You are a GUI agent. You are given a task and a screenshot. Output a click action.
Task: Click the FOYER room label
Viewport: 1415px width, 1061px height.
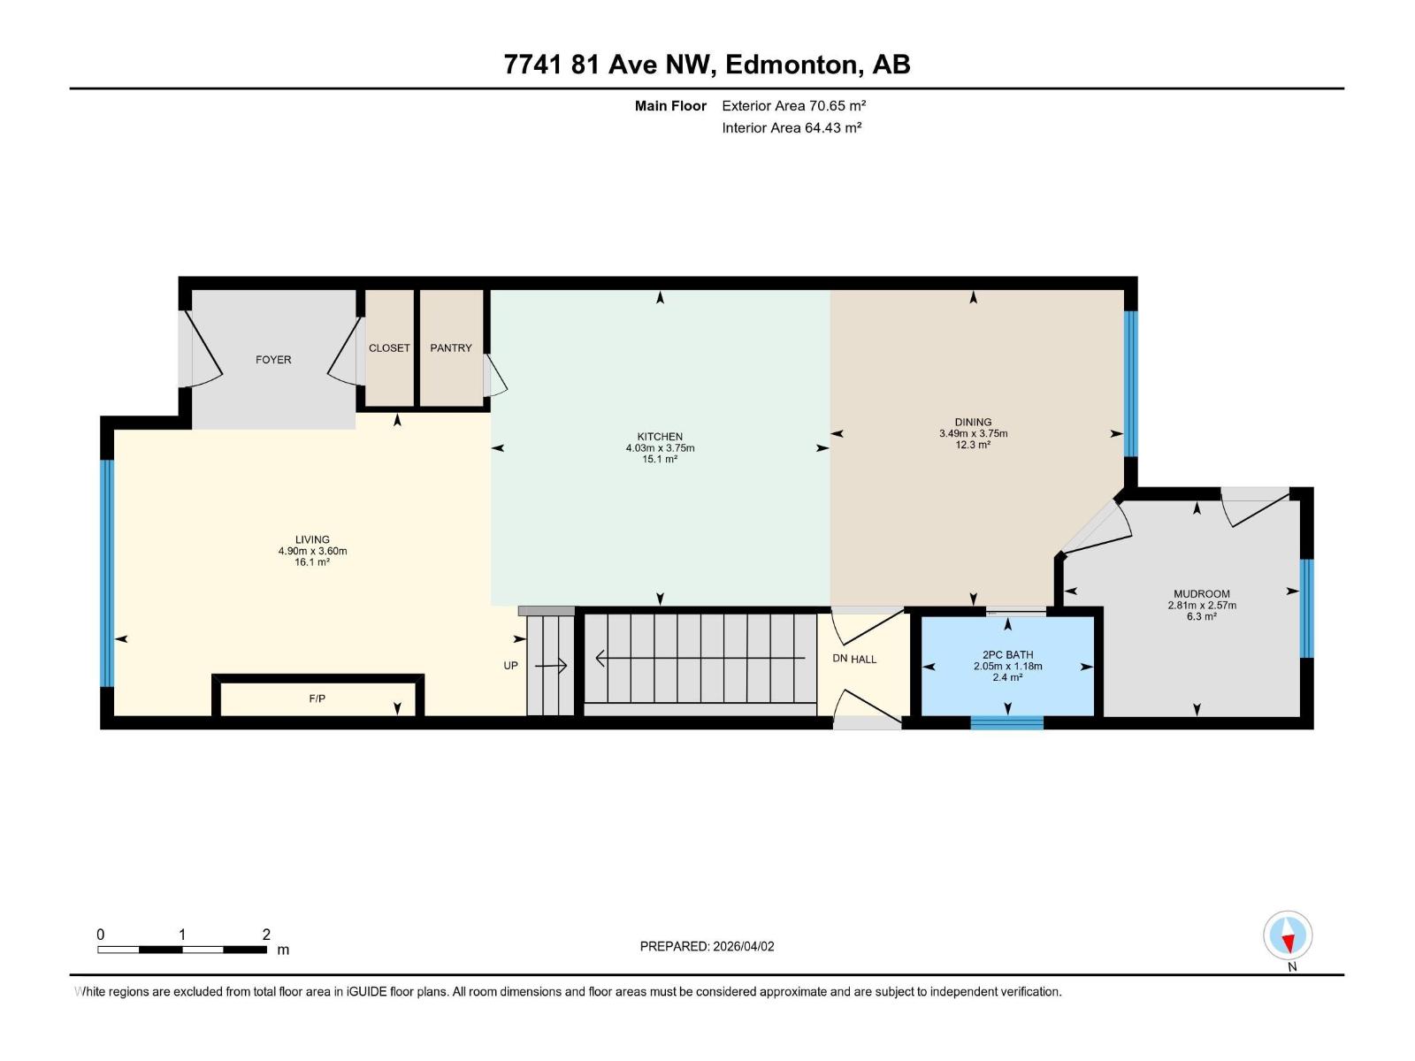click(273, 360)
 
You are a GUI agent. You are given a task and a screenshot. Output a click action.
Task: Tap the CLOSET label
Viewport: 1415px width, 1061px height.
click(389, 348)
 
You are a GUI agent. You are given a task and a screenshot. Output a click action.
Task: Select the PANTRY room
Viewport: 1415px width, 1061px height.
click(451, 348)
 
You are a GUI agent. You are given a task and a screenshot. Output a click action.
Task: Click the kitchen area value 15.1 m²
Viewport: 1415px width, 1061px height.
click(660, 460)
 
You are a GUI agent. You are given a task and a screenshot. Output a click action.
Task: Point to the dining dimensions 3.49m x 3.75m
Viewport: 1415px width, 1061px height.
click(973, 434)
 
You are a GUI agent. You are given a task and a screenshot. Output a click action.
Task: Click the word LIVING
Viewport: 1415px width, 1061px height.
click(312, 539)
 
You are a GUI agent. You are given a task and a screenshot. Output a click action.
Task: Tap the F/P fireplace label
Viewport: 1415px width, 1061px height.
click(317, 698)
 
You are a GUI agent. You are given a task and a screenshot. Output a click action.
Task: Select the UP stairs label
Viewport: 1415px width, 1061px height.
click(510, 666)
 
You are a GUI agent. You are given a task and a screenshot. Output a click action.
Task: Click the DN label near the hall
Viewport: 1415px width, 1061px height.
click(840, 659)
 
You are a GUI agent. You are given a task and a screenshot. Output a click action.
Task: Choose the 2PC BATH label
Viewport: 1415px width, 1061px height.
click(1007, 655)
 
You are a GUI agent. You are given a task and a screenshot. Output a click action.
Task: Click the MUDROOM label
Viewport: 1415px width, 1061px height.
click(1201, 594)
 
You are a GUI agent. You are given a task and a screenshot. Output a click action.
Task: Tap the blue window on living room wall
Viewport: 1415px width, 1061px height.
click(107, 572)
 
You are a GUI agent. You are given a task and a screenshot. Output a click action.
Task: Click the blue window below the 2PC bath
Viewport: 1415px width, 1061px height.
click(1006, 723)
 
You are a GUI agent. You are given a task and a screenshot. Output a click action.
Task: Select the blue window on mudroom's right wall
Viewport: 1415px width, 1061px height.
click(1307, 608)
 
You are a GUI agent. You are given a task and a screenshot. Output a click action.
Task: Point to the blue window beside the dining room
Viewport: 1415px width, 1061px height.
click(1130, 383)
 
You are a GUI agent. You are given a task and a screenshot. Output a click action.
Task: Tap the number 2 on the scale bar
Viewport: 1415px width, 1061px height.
click(266, 935)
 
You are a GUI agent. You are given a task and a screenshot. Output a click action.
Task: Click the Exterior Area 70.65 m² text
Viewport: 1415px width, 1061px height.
click(793, 105)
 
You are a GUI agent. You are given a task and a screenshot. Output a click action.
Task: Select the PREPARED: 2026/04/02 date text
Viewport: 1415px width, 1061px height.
click(707, 946)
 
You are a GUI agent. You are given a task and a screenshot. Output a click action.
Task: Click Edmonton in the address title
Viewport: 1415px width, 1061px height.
click(792, 65)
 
